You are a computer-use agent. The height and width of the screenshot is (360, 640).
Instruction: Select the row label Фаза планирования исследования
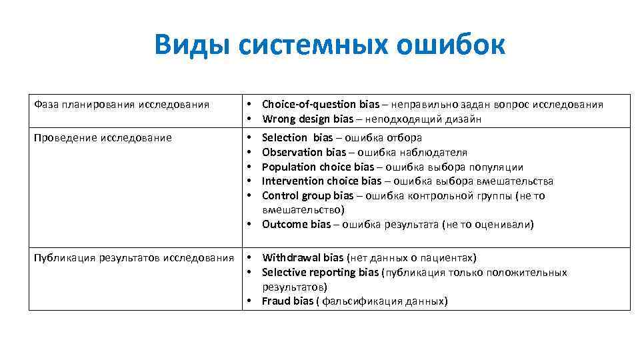pyautogui.click(x=121, y=104)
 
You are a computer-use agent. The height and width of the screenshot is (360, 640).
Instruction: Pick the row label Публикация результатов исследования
pyautogui.click(x=134, y=258)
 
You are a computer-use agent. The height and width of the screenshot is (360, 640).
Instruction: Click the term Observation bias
pyautogui.click(x=304, y=152)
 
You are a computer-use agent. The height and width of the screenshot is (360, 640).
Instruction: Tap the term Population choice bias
pyautogui.click(x=317, y=167)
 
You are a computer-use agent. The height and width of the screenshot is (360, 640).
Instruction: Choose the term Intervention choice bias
pyautogui.click(x=321, y=181)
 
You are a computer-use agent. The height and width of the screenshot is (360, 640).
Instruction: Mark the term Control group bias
pyautogui.click(x=307, y=195)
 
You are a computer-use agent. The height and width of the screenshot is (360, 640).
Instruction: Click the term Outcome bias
pyautogui.click(x=296, y=224)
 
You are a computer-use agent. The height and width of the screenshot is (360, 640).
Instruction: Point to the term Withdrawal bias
pyautogui.click(x=303, y=257)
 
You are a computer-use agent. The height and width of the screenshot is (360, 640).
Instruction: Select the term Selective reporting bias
pyautogui.click(x=320, y=272)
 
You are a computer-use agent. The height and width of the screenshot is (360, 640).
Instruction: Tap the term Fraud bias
pyautogui.click(x=287, y=301)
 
